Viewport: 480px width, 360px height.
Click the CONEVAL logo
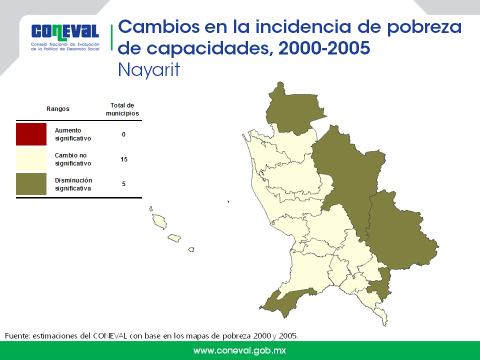click(65, 36)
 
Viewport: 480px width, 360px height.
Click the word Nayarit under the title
click(149, 70)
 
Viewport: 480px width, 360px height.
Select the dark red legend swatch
click(31, 134)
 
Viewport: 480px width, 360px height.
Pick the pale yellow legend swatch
click(31, 159)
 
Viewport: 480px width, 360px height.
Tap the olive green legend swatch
click(31, 184)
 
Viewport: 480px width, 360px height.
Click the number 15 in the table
click(124, 159)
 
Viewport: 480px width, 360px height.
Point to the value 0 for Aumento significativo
click(123, 134)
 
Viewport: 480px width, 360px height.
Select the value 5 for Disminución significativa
click(123, 184)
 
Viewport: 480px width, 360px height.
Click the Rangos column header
click(58, 109)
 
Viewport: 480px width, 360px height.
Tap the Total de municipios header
click(122, 109)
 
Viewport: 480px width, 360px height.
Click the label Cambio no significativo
click(73, 159)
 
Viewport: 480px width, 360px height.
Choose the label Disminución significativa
click(73, 184)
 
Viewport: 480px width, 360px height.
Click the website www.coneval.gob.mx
click(239, 350)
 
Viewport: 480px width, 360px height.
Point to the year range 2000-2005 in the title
click(324, 48)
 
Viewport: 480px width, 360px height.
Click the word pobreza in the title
click(424, 27)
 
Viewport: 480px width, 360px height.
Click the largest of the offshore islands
click(159, 221)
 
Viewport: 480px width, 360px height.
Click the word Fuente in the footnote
click(17, 336)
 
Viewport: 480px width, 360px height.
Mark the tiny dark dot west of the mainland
click(228, 201)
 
